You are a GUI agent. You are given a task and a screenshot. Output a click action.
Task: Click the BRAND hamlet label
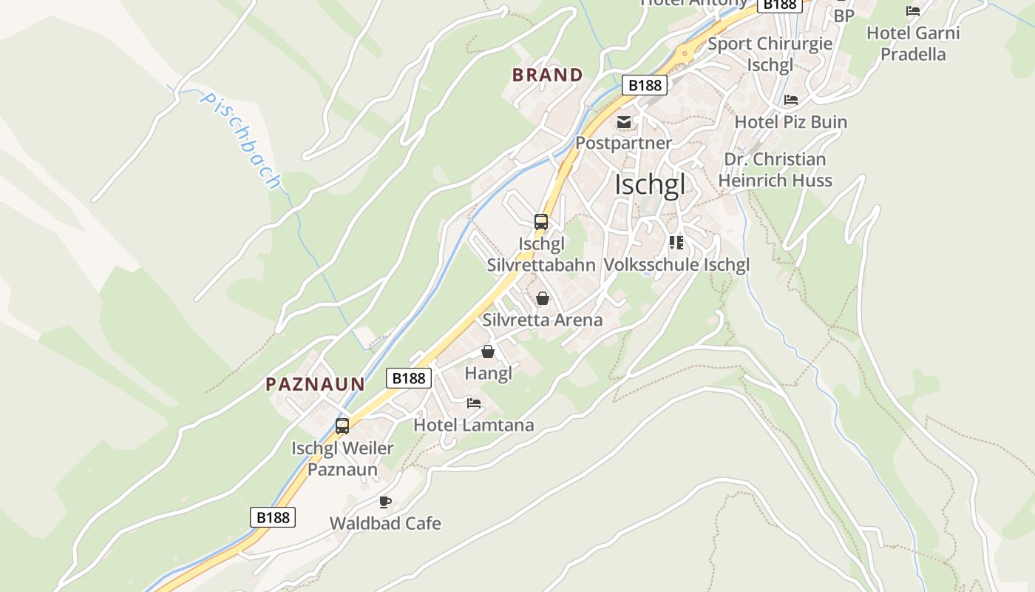click(x=548, y=75)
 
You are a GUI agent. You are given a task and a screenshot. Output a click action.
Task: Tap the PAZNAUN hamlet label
click(x=316, y=384)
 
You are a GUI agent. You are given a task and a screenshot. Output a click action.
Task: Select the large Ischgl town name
click(x=650, y=185)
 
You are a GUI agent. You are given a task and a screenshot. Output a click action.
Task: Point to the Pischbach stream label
click(x=241, y=140)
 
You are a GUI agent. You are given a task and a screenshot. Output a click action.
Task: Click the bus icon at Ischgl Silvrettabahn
click(x=541, y=221)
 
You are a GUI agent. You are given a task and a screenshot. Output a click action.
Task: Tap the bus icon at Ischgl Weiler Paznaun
click(x=342, y=426)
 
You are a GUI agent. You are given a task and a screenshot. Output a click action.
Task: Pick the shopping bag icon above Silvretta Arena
click(x=543, y=298)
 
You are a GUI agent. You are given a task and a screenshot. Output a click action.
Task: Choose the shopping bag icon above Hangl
click(x=488, y=351)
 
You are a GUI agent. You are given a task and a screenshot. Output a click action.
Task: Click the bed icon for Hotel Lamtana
click(x=474, y=403)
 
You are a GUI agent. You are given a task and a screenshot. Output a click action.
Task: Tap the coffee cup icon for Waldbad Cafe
click(x=384, y=502)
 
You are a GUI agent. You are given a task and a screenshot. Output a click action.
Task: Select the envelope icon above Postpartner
click(x=624, y=121)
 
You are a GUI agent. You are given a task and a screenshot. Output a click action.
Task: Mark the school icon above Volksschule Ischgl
click(x=676, y=242)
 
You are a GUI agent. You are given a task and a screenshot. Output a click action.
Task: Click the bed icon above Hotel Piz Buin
click(x=791, y=100)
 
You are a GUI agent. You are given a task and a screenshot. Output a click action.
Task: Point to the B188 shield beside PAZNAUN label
click(x=409, y=378)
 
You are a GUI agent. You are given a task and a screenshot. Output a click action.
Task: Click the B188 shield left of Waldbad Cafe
click(x=273, y=517)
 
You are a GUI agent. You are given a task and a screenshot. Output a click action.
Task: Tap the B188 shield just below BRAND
click(x=644, y=85)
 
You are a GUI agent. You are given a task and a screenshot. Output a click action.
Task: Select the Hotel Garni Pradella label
click(x=913, y=44)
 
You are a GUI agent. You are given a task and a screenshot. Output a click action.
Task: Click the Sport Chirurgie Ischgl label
click(x=770, y=54)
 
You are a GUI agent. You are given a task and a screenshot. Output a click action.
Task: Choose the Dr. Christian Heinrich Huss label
click(x=775, y=170)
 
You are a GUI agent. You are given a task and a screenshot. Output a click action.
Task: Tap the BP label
click(x=844, y=16)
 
